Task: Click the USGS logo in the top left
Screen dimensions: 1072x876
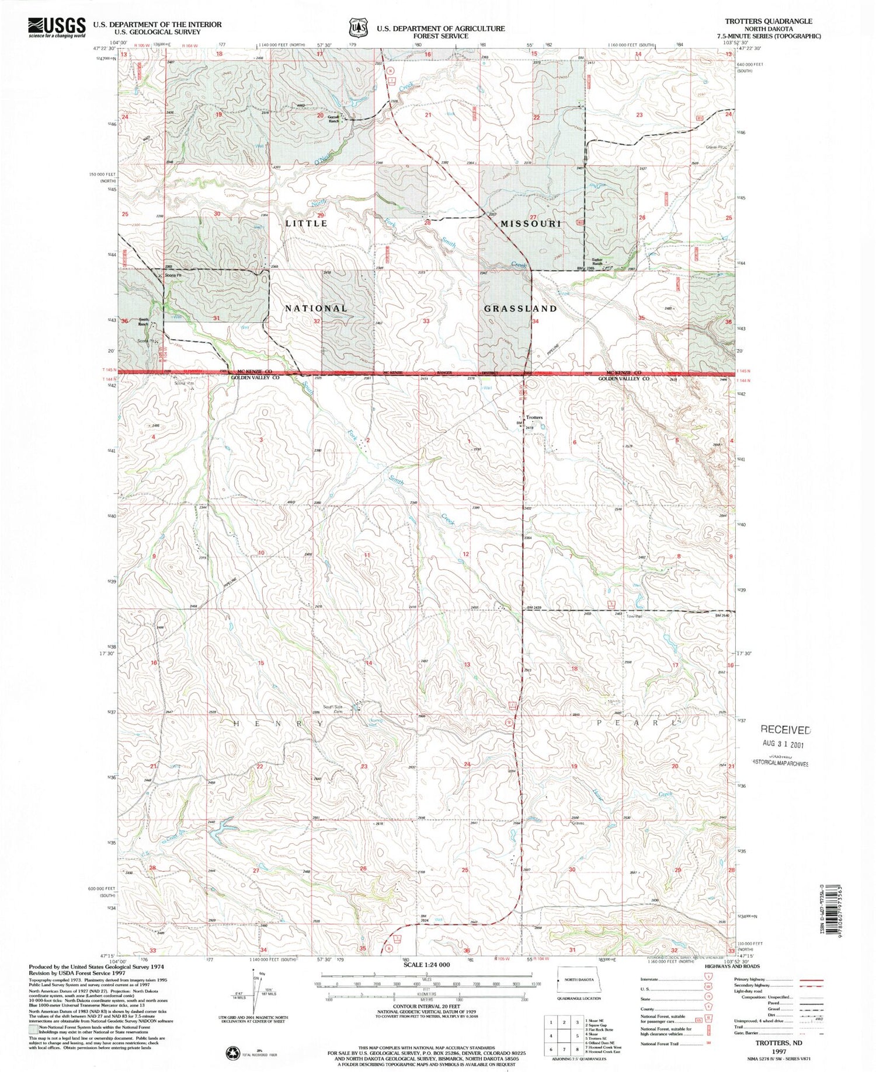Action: tap(57, 27)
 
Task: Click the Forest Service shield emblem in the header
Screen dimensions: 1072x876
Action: tap(358, 27)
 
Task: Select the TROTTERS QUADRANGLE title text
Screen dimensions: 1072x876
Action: tap(768, 21)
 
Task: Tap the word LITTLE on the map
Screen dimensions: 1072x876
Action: tap(307, 224)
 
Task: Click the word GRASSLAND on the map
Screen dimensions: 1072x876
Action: tap(520, 308)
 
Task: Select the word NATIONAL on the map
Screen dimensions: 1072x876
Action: tap(316, 308)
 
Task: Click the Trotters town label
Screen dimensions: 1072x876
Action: tap(534, 417)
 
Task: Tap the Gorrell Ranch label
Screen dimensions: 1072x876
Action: tap(333, 119)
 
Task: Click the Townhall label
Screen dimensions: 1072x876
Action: tap(634, 616)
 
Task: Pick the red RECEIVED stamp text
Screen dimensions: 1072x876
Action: tap(785, 729)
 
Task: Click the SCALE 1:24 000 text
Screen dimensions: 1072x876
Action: tap(426, 965)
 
